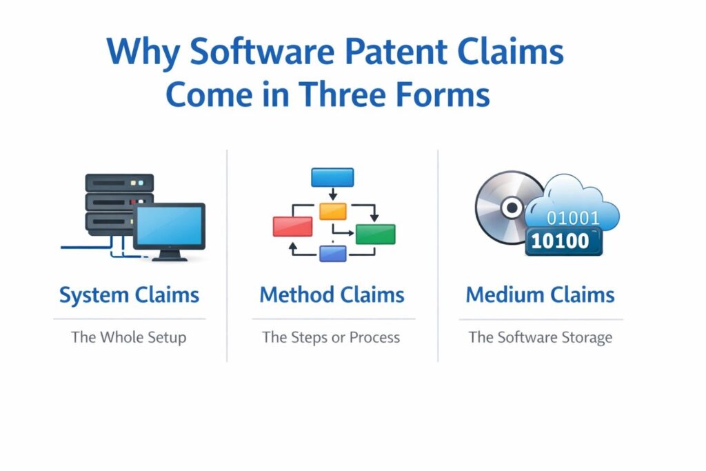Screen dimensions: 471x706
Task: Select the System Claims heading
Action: pos(129,295)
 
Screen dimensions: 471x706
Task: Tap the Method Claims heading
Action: pos(332,295)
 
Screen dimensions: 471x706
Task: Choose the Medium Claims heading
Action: pos(540,295)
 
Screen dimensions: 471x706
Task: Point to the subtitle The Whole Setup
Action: pos(129,338)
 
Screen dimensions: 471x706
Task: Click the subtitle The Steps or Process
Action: pos(331,338)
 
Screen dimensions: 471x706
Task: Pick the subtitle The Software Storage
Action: pos(541,338)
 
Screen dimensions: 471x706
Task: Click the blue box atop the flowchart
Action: pos(332,177)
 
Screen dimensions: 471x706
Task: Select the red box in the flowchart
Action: pos(292,226)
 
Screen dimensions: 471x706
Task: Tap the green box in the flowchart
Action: pos(375,234)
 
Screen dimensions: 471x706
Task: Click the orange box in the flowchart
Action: pos(333,210)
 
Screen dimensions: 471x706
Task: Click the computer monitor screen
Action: pos(169,226)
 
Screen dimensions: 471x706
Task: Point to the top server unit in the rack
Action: pos(119,183)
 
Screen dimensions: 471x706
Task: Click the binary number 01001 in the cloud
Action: pos(573,219)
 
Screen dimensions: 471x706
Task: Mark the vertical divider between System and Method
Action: pos(227,255)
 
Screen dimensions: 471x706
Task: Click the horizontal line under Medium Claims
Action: pos(541,319)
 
